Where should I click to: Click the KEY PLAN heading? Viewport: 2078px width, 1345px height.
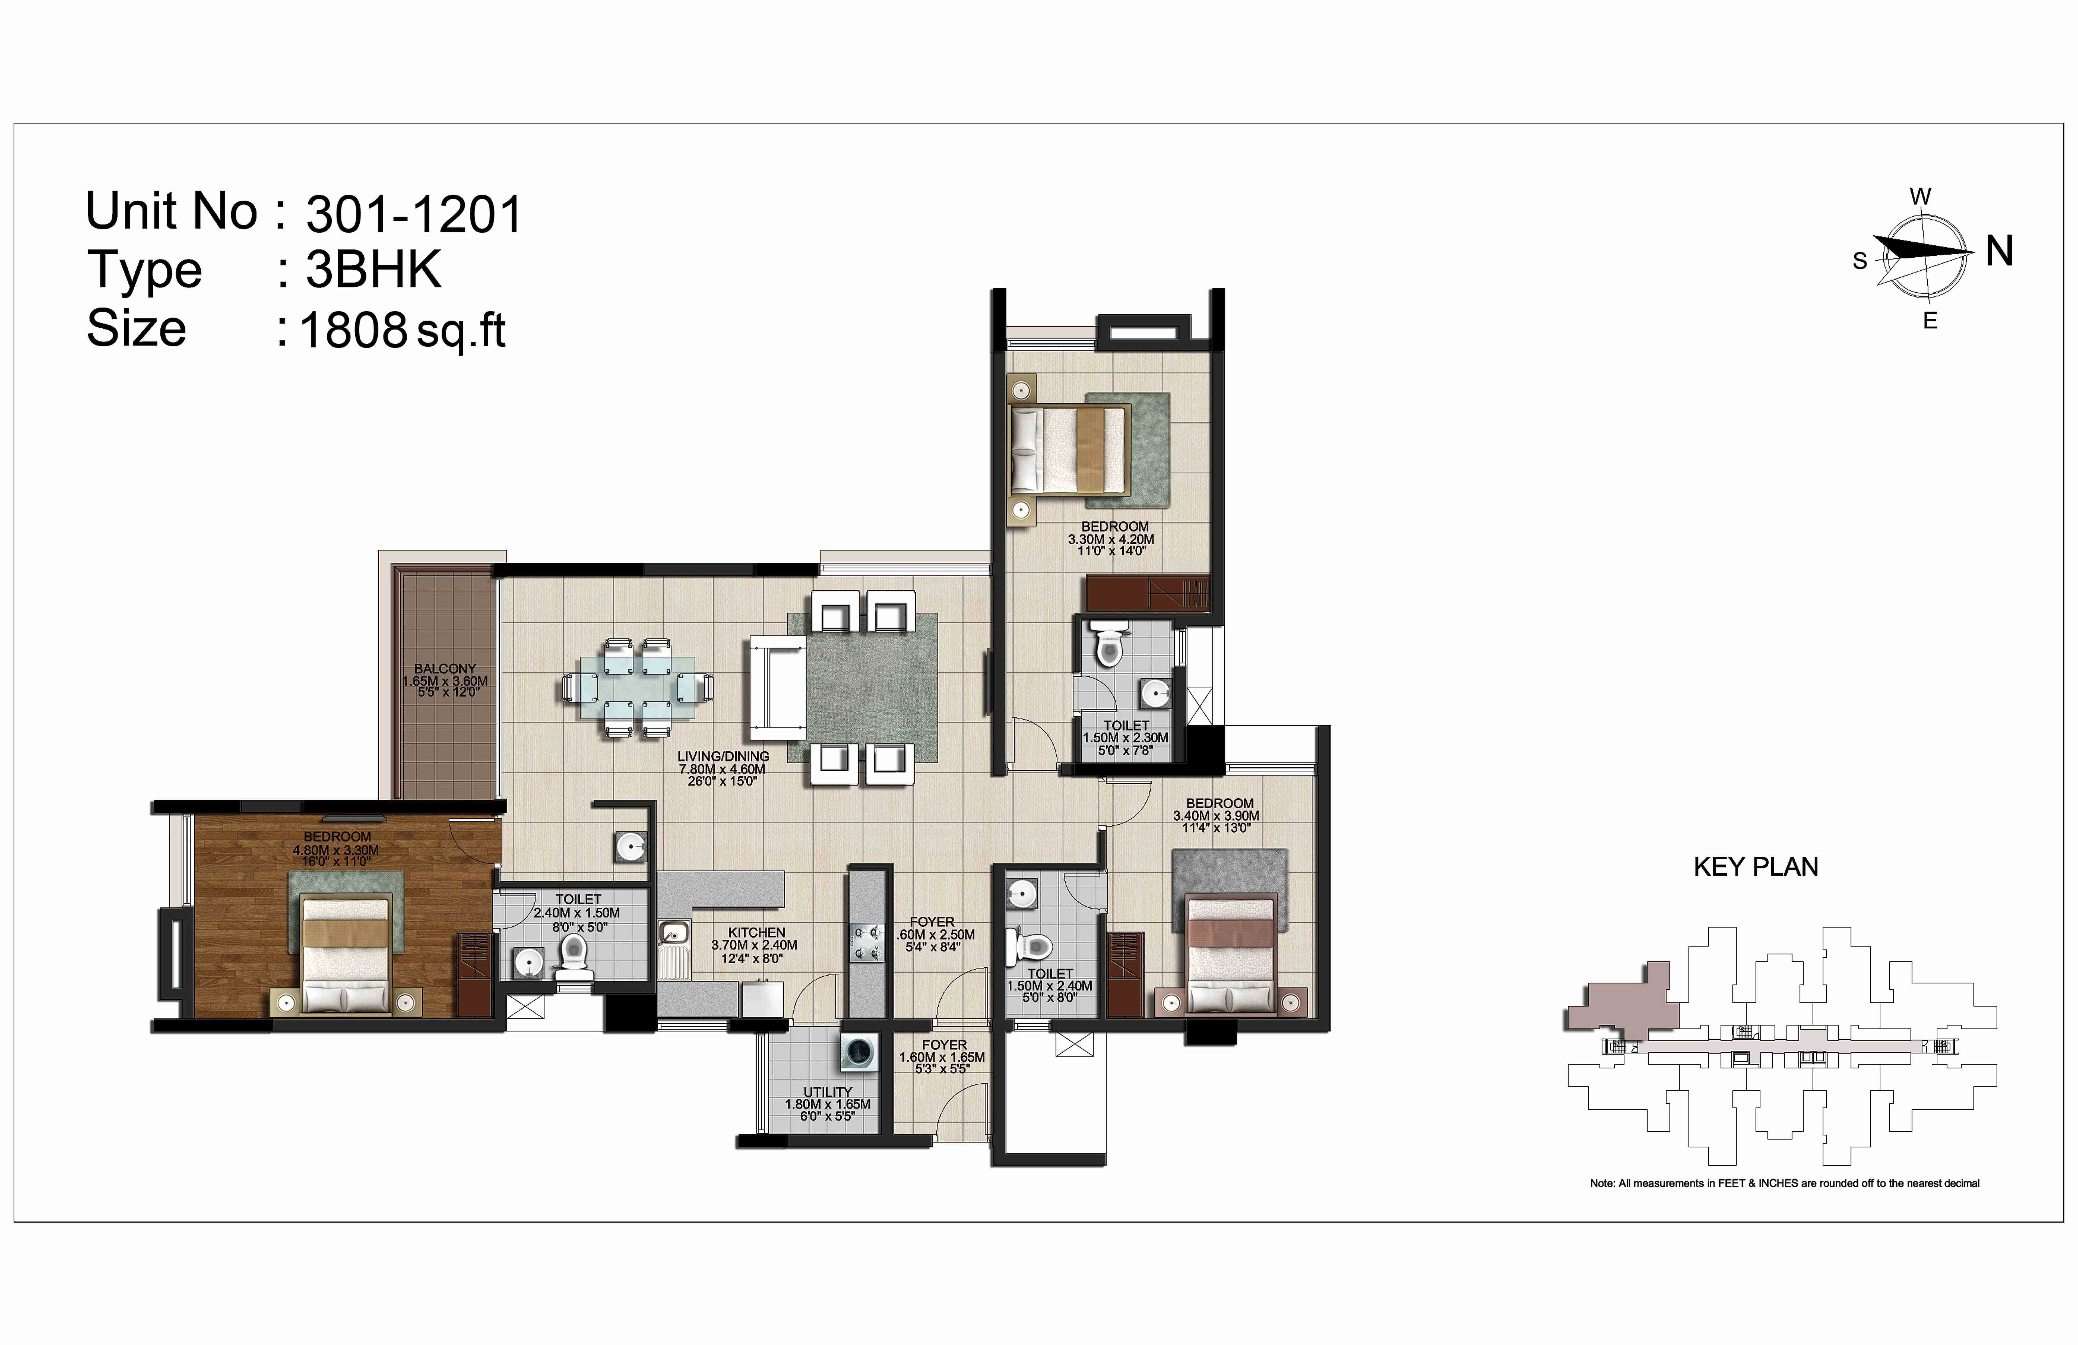[x=1756, y=867]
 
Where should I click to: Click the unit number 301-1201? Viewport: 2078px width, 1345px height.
[x=414, y=214]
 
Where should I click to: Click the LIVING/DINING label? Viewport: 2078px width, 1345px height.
[x=723, y=756]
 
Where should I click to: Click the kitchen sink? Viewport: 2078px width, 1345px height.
[x=673, y=935]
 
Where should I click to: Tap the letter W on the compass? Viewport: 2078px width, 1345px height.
[x=1920, y=196]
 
